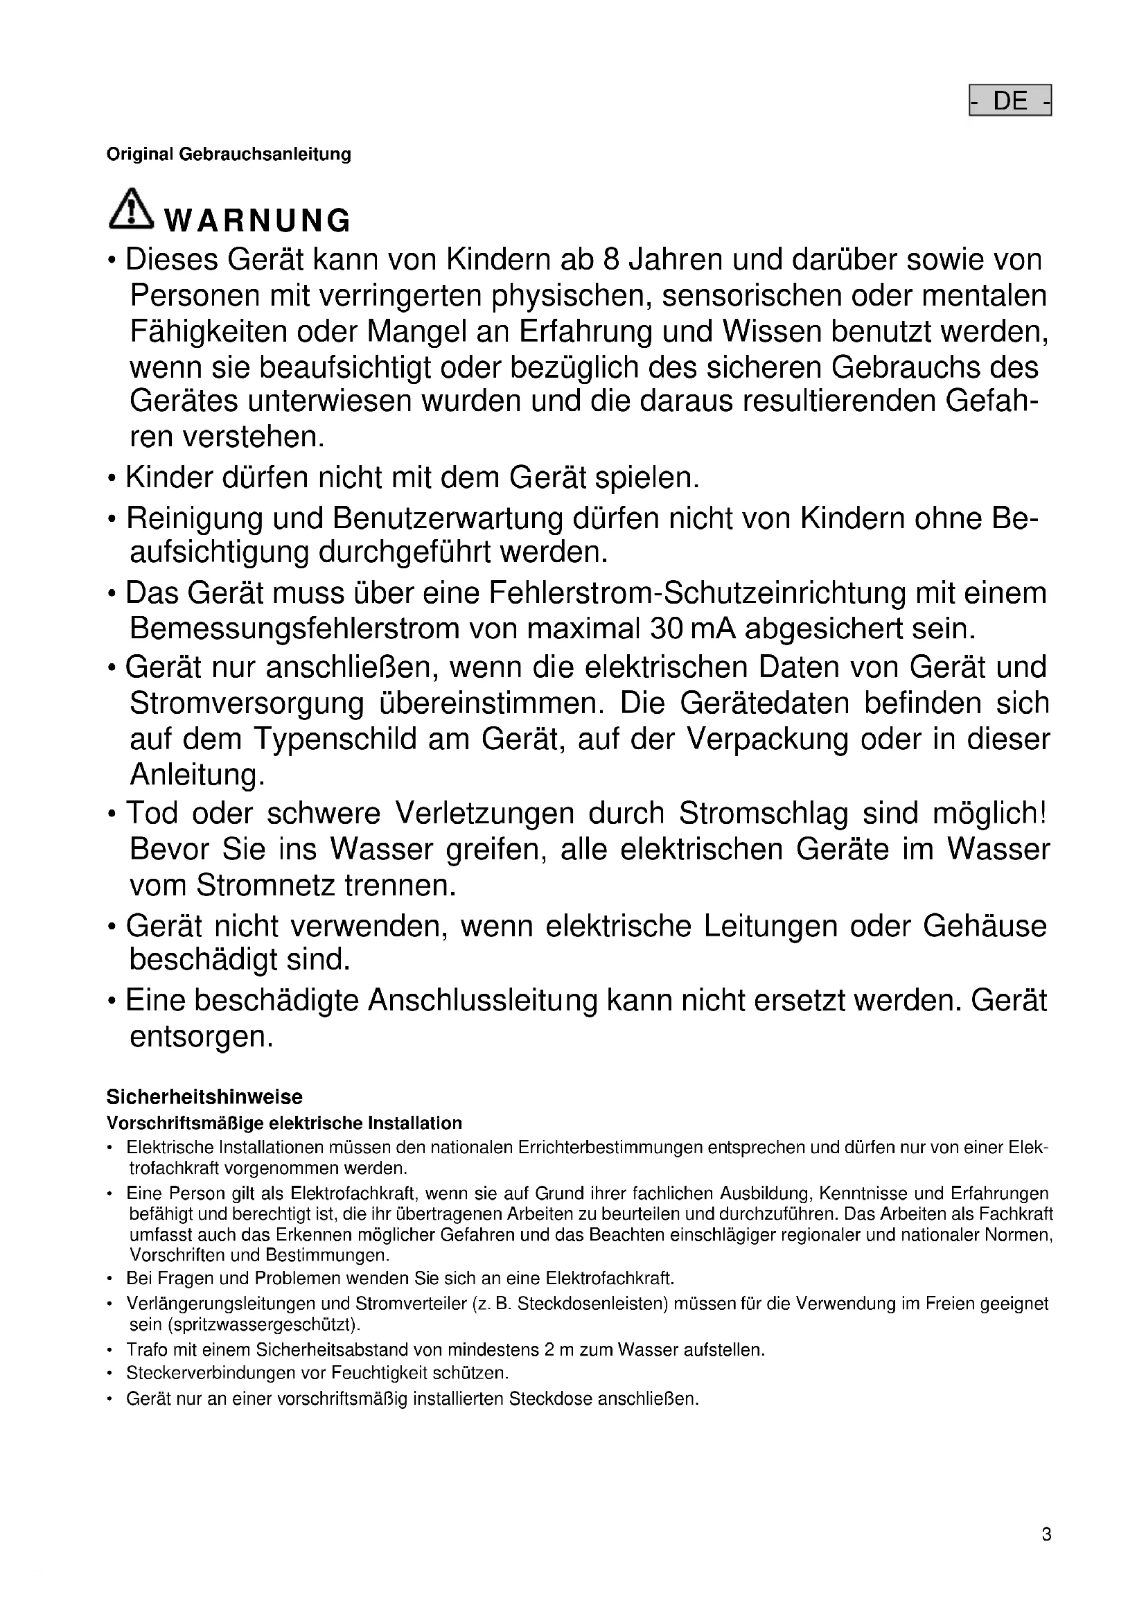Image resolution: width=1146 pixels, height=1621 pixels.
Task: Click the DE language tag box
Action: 1010,101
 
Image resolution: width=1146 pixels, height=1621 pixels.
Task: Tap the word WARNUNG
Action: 258,221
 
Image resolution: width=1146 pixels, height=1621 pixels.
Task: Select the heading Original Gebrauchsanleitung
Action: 229,154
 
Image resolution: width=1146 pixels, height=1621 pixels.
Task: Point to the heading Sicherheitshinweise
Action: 204,1096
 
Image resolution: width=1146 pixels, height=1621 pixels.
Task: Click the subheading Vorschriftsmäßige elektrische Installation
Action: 284,1123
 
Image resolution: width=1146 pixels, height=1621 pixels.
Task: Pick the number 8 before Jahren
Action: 610,260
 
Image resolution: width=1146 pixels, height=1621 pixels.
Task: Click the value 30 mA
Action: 693,628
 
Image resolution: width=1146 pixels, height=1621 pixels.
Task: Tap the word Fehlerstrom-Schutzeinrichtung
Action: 697,593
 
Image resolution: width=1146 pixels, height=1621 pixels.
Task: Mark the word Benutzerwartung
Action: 448,518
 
